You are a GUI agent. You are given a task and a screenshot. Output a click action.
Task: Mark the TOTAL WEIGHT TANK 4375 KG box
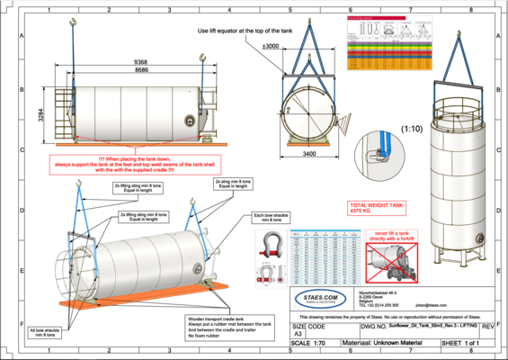(x=363, y=208)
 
